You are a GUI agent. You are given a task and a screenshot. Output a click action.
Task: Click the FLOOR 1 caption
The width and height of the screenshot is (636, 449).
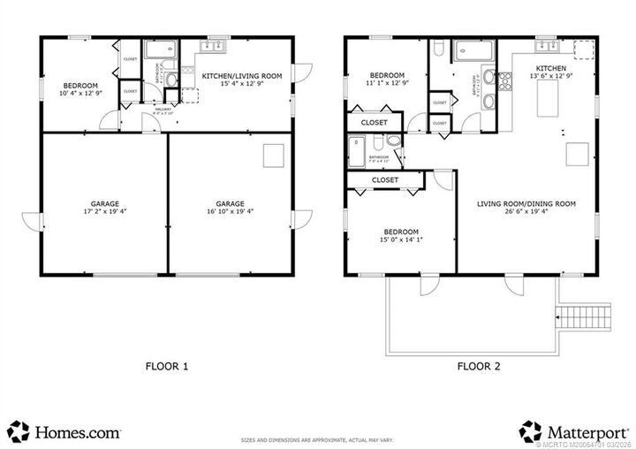167,365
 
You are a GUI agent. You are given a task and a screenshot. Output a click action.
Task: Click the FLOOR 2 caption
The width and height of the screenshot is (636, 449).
478,365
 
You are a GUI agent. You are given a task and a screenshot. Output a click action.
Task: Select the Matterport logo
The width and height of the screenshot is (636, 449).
575,432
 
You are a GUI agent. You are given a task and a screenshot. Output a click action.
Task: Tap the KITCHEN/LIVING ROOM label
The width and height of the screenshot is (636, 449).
242,77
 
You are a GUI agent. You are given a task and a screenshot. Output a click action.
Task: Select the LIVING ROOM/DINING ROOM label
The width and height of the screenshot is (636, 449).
526,204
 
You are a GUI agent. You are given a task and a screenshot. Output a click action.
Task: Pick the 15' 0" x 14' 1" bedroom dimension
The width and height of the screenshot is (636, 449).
400,240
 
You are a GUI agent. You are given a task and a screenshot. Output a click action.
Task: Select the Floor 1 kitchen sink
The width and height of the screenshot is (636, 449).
217,44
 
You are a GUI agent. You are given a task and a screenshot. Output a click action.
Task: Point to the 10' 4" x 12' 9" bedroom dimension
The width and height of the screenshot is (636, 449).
79,93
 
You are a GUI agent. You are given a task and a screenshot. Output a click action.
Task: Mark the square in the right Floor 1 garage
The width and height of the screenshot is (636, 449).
270,156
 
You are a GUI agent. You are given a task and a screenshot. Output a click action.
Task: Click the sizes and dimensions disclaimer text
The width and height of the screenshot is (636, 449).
317,439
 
